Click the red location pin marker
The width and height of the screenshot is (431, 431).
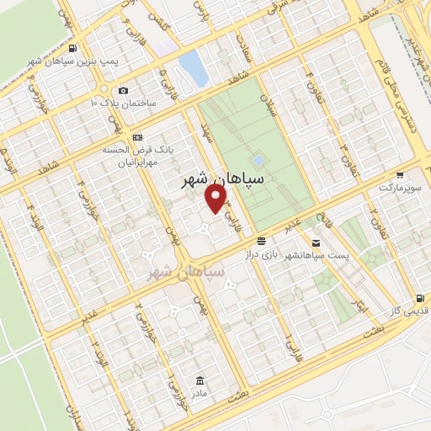217,199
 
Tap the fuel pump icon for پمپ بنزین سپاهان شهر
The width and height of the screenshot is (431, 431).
77,47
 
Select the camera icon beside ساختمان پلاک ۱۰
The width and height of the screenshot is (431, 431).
124,90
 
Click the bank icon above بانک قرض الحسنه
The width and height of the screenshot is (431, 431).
138,136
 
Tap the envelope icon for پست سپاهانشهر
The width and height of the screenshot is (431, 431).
315,241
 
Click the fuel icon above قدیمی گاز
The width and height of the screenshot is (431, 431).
419,299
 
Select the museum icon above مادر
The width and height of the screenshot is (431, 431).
200,380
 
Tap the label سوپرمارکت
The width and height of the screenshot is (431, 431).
401,189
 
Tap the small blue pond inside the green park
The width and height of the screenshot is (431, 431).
257,160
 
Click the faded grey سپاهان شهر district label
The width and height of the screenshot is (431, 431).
185,272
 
